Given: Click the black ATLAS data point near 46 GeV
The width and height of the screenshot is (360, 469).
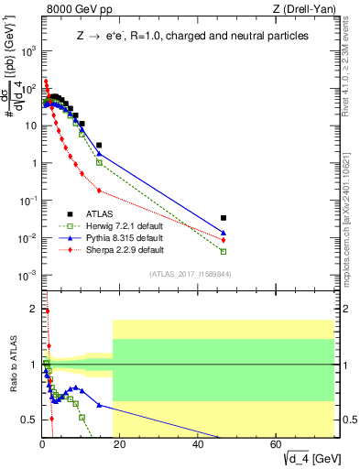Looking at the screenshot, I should pos(224,218).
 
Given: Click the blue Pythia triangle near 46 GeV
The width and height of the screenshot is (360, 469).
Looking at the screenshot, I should pos(224,233).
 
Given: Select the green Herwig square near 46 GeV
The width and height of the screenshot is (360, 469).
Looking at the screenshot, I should pos(224,251).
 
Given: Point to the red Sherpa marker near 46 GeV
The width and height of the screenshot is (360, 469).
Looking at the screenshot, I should pos(224,240).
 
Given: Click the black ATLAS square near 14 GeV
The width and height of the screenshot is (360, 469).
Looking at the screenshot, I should pos(99,145).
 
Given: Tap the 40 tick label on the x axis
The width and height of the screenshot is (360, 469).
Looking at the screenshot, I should pos(199,444).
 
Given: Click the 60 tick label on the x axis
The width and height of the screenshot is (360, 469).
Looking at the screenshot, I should pos(277,444).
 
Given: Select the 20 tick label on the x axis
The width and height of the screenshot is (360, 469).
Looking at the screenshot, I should pos(121,444).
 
